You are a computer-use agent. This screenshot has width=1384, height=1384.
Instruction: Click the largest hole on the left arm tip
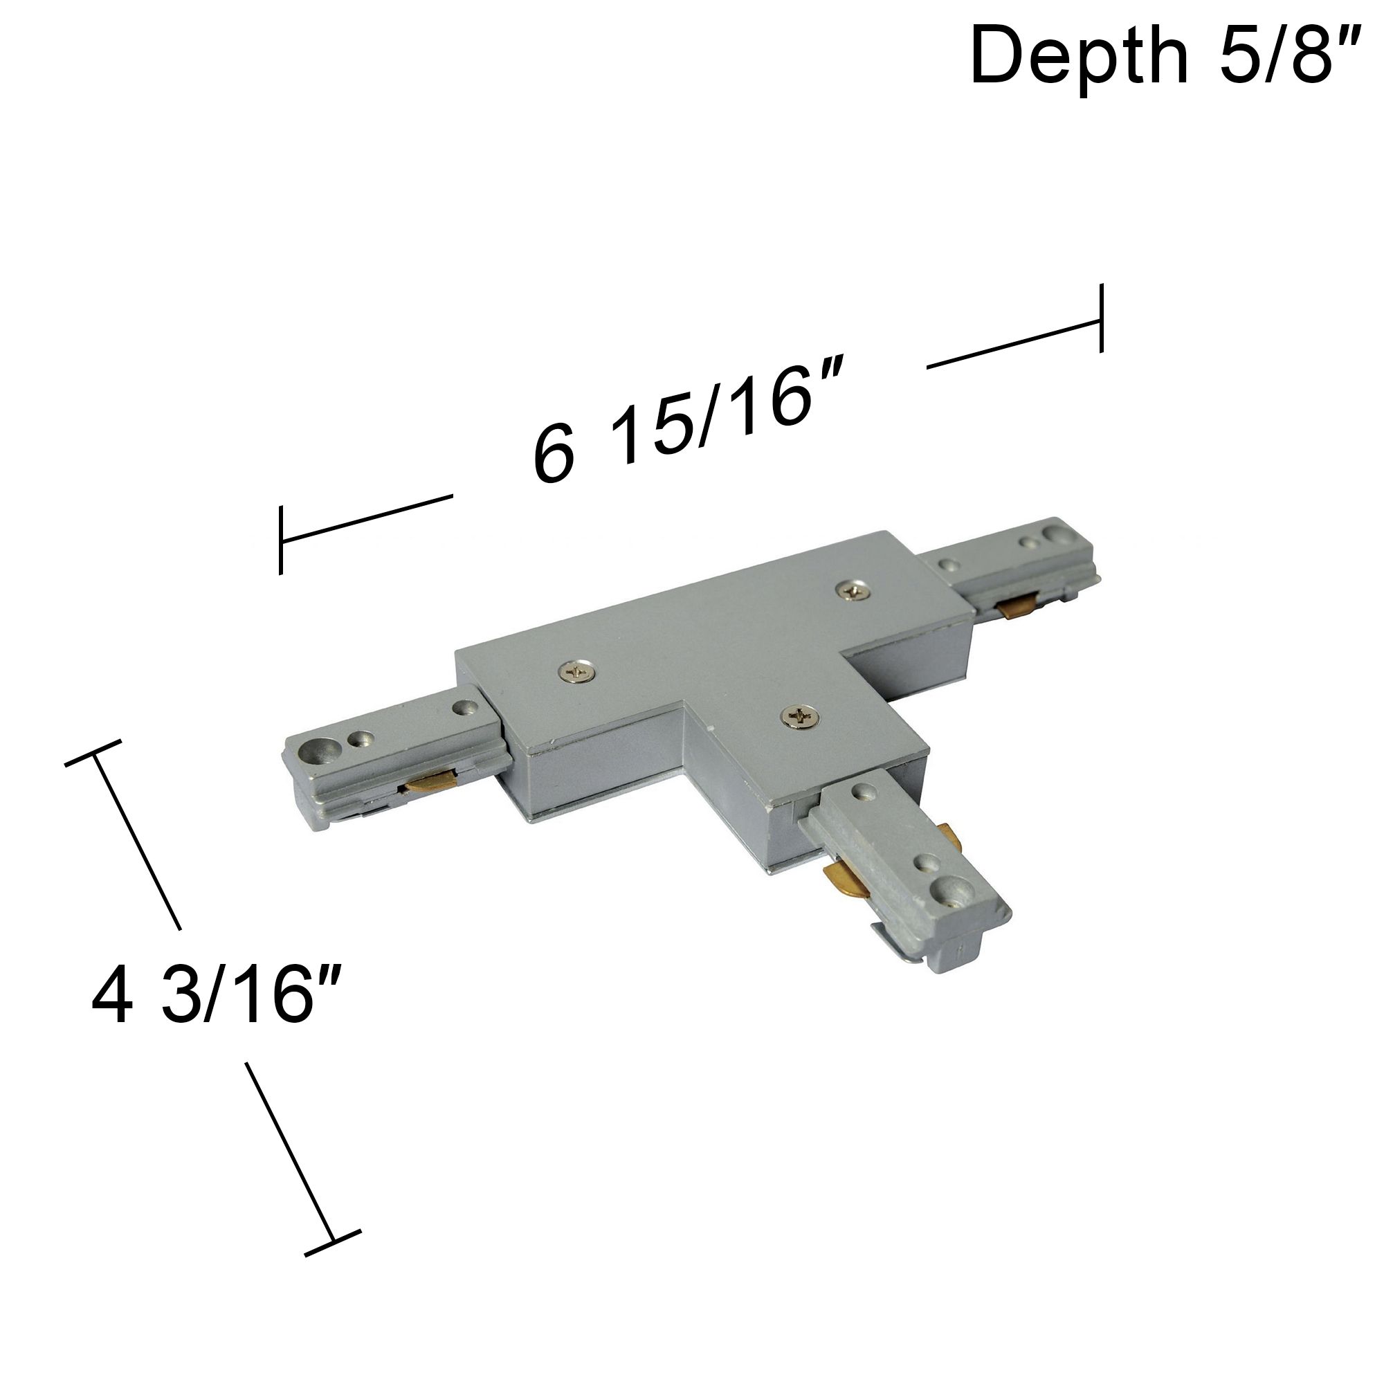click(313, 752)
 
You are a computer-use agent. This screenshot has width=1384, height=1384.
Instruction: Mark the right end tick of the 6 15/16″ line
click(1101, 318)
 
